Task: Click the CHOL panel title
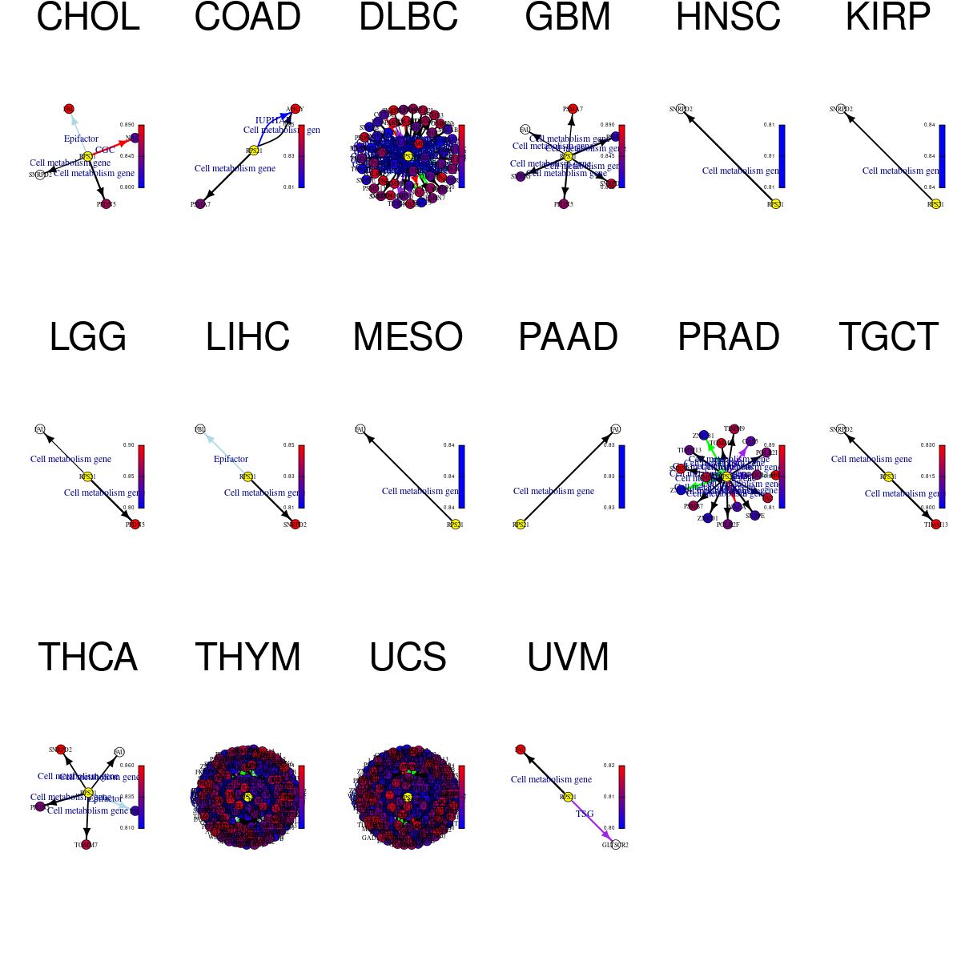coord(88,18)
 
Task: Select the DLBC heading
coord(408,18)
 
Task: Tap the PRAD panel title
coord(728,337)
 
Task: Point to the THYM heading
coord(247,657)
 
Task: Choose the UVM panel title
coord(568,657)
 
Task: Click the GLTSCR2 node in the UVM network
coord(615,845)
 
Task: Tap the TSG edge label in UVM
coord(585,814)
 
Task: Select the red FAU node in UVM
coord(521,750)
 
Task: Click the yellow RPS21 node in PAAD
coord(521,525)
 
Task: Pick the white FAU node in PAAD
coord(615,429)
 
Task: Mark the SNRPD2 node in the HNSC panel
coord(681,109)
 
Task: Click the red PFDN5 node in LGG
coord(135,525)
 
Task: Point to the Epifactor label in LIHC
coord(231,459)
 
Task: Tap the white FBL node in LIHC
coord(200,429)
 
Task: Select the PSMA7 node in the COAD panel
coord(200,204)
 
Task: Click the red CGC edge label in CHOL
coord(105,150)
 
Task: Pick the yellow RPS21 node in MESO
coord(455,525)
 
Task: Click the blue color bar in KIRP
coord(942,156)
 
